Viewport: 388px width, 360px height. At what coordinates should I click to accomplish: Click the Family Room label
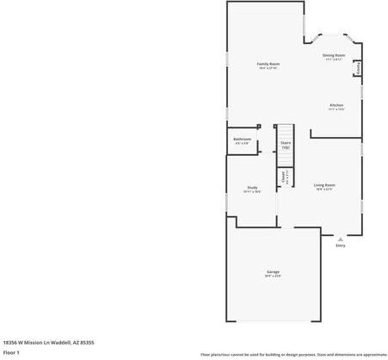point(268,64)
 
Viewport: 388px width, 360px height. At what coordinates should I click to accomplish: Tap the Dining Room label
point(334,55)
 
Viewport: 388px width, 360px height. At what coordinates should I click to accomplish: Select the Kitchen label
point(336,105)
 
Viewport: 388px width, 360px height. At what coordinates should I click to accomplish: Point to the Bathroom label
point(242,139)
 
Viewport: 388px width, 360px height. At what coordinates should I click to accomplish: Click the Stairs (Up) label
point(286,145)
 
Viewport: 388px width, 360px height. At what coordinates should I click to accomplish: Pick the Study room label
point(252,187)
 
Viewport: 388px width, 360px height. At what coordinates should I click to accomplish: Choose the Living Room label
point(323,184)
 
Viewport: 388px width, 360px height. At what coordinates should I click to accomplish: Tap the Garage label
point(273,272)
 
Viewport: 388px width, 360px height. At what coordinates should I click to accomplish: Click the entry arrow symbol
point(341,239)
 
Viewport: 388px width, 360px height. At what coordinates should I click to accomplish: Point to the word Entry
point(341,245)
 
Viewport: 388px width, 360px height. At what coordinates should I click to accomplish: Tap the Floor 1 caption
point(11,352)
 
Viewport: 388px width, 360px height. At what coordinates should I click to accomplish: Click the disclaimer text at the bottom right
point(293,354)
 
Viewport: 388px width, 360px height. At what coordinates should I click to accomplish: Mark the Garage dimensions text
point(273,276)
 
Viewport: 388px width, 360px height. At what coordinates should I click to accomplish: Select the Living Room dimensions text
point(323,189)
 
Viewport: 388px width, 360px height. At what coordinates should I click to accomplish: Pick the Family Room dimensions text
point(268,68)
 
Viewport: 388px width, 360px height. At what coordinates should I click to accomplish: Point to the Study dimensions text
point(252,191)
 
